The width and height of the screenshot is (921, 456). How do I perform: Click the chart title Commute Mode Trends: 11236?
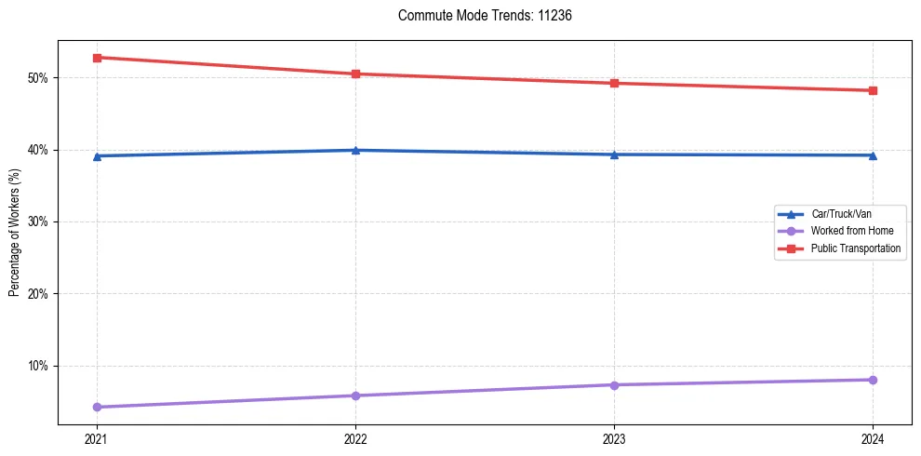point(477,16)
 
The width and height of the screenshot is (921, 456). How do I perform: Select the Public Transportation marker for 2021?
point(97,58)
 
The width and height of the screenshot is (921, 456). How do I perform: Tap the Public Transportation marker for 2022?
point(355,74)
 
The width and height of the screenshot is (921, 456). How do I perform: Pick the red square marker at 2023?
point(614,83)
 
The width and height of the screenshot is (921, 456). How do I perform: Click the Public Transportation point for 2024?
point(873,90)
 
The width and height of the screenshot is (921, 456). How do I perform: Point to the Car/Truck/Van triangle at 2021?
point(97,155)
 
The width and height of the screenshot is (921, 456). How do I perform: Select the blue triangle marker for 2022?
point(355,150)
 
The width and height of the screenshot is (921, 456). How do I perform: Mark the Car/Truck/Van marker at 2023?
point(614,154)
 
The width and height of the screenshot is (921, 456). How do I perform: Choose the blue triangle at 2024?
point(873,154)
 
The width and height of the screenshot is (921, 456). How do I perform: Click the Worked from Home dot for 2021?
point(97,407)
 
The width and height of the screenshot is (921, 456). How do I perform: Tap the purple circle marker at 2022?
point(355,396)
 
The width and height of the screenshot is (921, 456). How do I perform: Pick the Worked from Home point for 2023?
point(614,384)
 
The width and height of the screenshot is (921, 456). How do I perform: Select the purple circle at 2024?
point(873,380)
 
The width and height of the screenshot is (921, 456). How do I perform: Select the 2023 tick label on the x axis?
point(614,438)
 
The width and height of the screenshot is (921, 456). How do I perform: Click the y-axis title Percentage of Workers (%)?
point(15,233)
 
